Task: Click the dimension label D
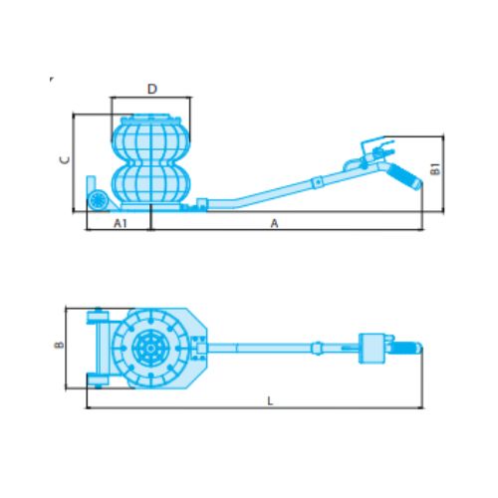152,89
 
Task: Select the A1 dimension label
121,223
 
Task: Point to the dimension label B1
435,169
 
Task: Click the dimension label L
270,401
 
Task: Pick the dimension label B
59,345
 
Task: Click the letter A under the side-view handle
274,223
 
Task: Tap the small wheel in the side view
99,200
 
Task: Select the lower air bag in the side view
151,183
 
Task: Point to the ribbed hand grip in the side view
405,176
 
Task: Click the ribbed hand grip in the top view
407,349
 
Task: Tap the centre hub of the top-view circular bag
150,348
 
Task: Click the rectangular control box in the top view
372,349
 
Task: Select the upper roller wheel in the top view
98,316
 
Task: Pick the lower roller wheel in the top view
98,379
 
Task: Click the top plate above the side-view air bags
151,120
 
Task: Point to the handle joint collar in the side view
318,182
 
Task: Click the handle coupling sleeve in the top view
318,349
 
